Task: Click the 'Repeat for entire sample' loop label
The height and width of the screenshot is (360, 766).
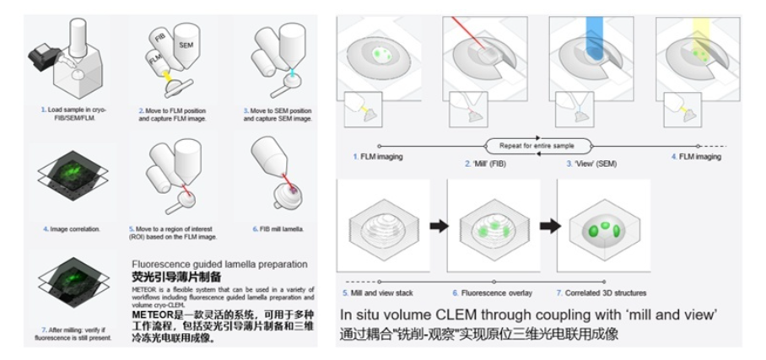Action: point(537,145)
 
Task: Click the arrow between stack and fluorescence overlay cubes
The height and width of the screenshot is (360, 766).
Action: point(439,226)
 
